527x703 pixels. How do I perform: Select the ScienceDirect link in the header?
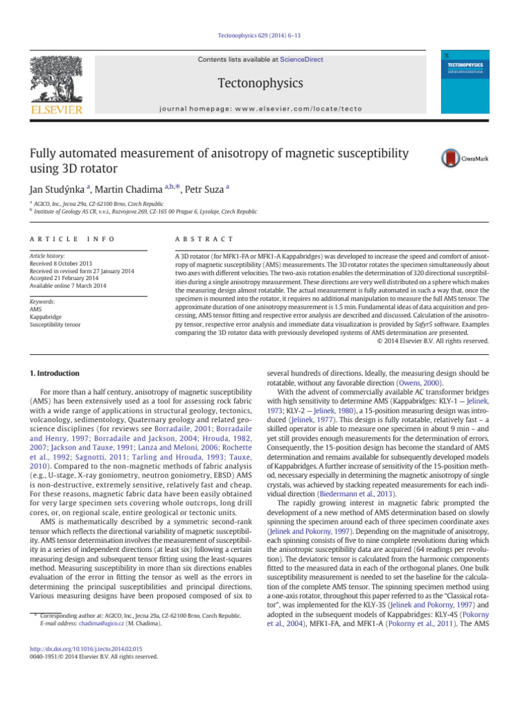303,60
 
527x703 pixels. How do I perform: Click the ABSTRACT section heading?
204,238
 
